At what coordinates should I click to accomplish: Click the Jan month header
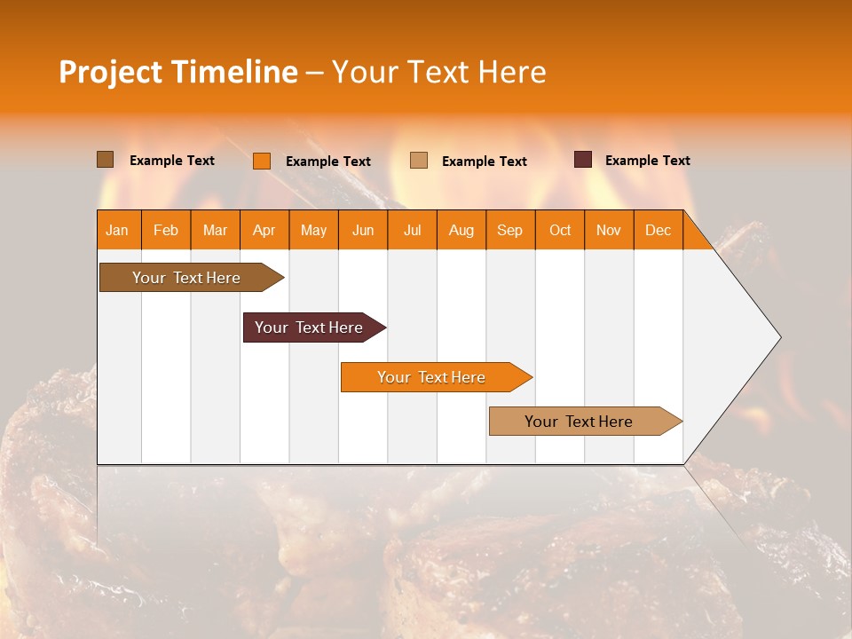118,230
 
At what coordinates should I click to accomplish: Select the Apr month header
264,230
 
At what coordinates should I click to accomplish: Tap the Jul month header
412,230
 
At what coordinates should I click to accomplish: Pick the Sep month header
509,230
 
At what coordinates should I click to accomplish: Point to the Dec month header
658,230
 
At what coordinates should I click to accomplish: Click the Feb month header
166,230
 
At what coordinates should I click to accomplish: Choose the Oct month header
560,230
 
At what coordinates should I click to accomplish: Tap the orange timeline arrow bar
432,377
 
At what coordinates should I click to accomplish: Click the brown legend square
106,160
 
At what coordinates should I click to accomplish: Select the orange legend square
262,161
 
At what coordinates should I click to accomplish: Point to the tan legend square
419,161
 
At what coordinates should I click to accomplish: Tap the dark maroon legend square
583,160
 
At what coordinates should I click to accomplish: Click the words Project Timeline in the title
177,72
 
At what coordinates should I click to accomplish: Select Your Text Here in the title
439,72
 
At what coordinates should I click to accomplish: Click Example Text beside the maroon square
647,161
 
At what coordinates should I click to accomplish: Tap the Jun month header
363,230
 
